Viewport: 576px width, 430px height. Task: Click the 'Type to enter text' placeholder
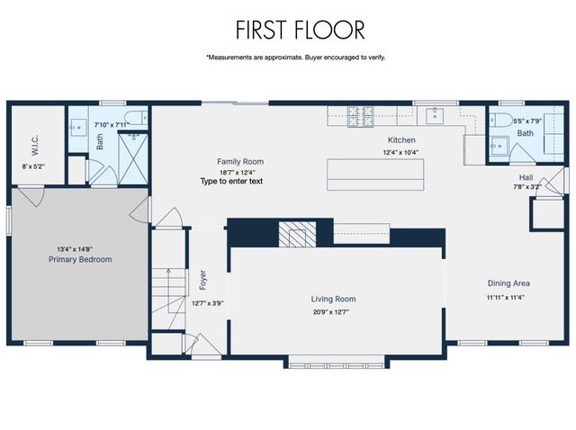click(231, 182)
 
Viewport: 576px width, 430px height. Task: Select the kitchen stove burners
click(352, 115)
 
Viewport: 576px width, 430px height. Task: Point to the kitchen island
click(375, 174)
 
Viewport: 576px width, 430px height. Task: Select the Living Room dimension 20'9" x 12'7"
click(334, 312)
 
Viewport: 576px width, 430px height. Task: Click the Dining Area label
click(508, 283)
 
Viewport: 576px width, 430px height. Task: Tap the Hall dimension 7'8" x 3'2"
click(526, 187)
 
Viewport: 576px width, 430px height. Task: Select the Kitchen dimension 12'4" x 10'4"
click(400, 152)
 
